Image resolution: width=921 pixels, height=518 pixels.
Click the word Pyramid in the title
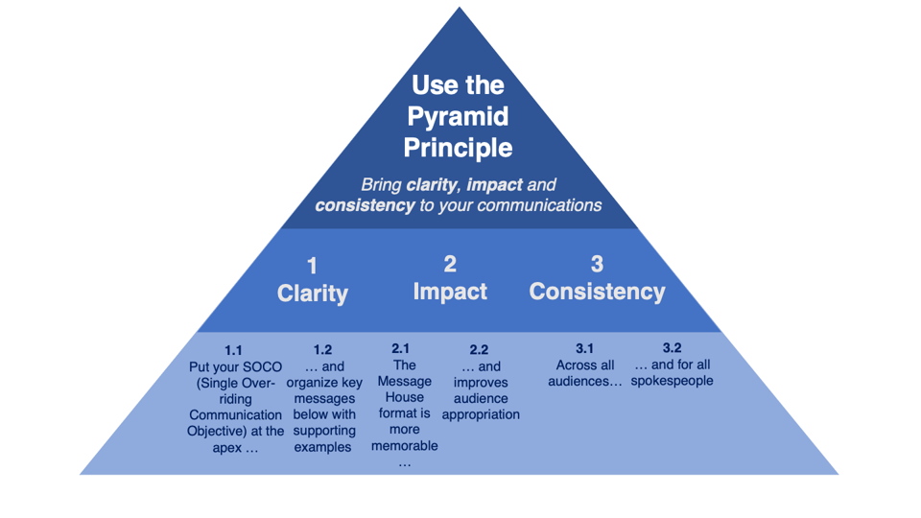pyautogui.click(x=458, y=117)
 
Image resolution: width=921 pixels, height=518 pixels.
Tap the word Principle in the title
pyautogui.click(x=458, y=148)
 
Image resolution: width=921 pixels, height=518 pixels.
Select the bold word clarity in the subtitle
pyautogui.click(x=431, y=184)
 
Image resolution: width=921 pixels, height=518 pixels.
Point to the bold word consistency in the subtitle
pyautogui.click(x=365, y=205)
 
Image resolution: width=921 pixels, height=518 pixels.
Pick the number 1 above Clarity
pyautogui.click(x=312, y=266)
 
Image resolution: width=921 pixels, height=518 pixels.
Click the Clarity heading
pyautogui.click(x=312, y=293)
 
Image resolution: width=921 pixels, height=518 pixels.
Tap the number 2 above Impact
pyautogui.click(x=450, y=264)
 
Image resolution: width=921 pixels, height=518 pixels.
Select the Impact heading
pyautogui.click(x=450, y=291)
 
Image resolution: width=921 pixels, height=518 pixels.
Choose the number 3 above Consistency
pyautogui.click(x=597, y=264)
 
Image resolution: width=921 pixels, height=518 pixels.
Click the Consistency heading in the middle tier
pyautogui.click(x=597, y=291)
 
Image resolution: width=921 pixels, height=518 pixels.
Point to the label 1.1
pyautogui.click(x=233, y=350)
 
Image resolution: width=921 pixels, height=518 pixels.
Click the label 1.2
pyautogui.click(x=322, y=350)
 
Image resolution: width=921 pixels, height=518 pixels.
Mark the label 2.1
pyautogui.click(x=401, y=348)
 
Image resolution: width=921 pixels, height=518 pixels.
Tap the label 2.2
pyautogui.click(x=480, y=350)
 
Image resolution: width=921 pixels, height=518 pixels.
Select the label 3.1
pyautogui.click(x=584, y=348)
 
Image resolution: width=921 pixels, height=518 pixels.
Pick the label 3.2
pyautogui.click(x=672, y=348)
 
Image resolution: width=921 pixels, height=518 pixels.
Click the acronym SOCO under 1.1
pyautogui.click(x=264, y=367)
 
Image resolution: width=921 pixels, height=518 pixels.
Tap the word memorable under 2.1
pyautogui.click(x=405, y=445)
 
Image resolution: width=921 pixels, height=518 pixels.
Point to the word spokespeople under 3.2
pyautogui.click(x=673, y=381)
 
